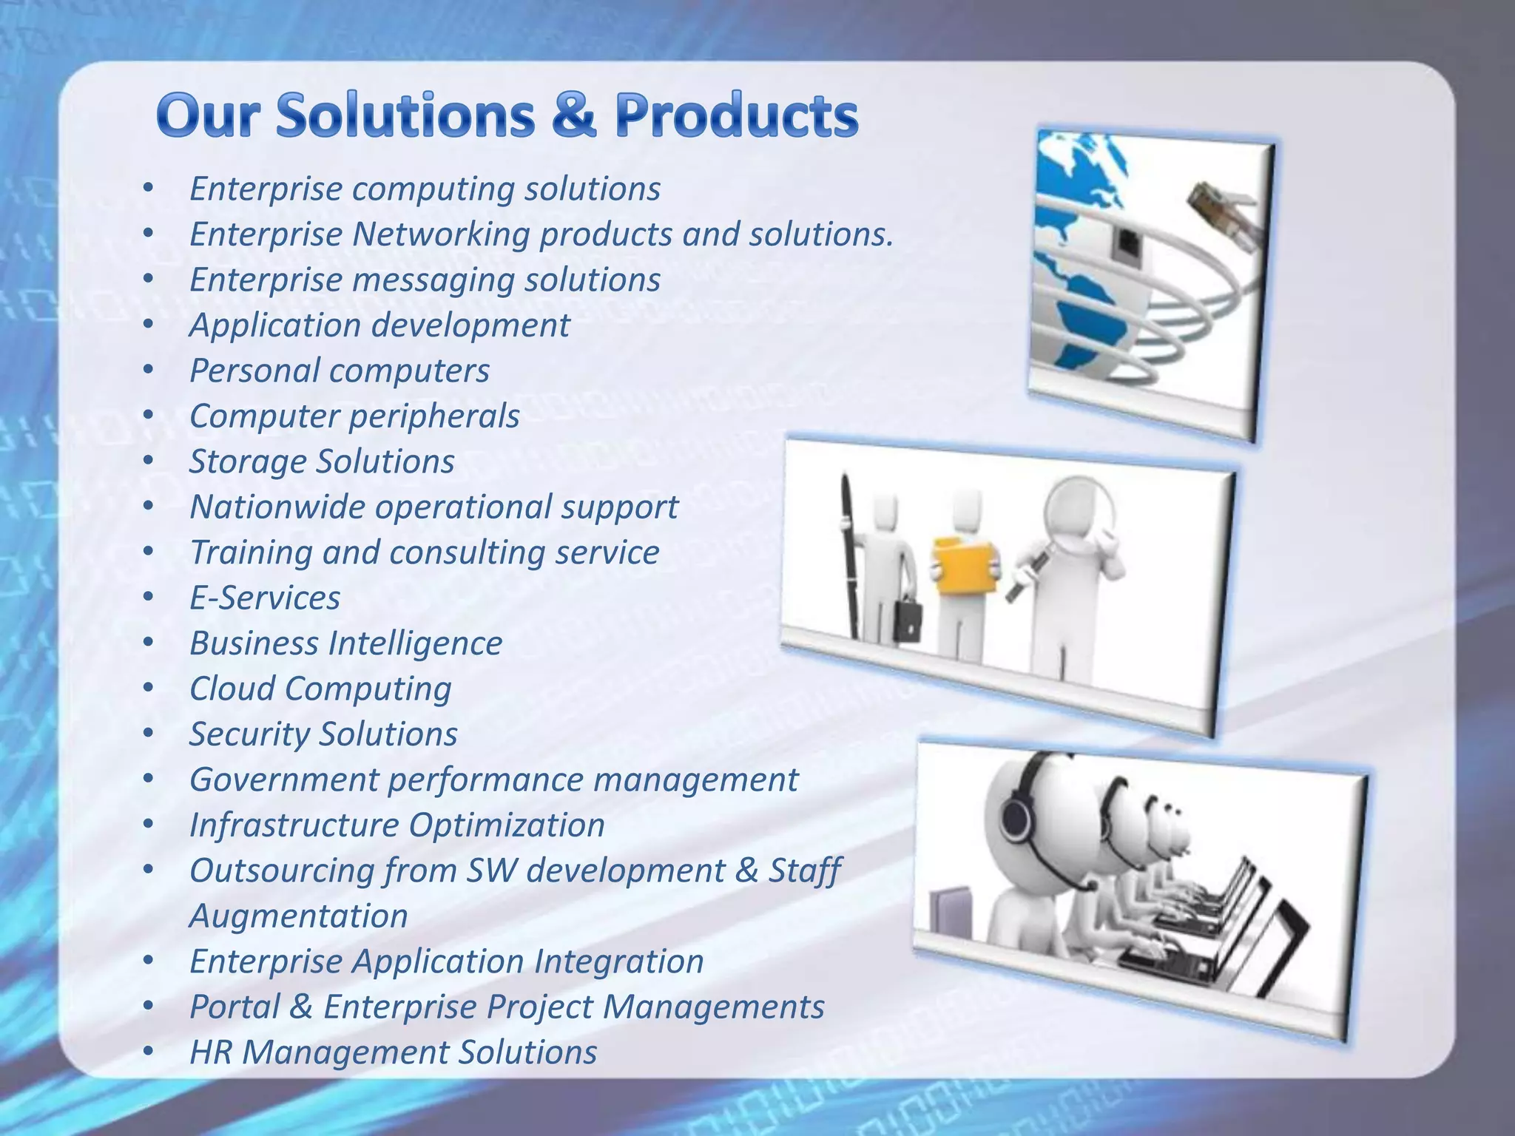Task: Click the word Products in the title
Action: point(736,116)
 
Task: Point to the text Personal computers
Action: point(340,371)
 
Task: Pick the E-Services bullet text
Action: point(265,598)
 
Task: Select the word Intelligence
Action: point(415,643)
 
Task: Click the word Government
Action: point(284,780)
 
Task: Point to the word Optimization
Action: point(507,825)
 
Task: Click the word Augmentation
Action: point(299,916)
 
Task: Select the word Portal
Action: point(233,1007)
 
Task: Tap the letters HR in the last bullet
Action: point(210,1052)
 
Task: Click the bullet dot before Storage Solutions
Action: point(149,461)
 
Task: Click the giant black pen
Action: point(850,555)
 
